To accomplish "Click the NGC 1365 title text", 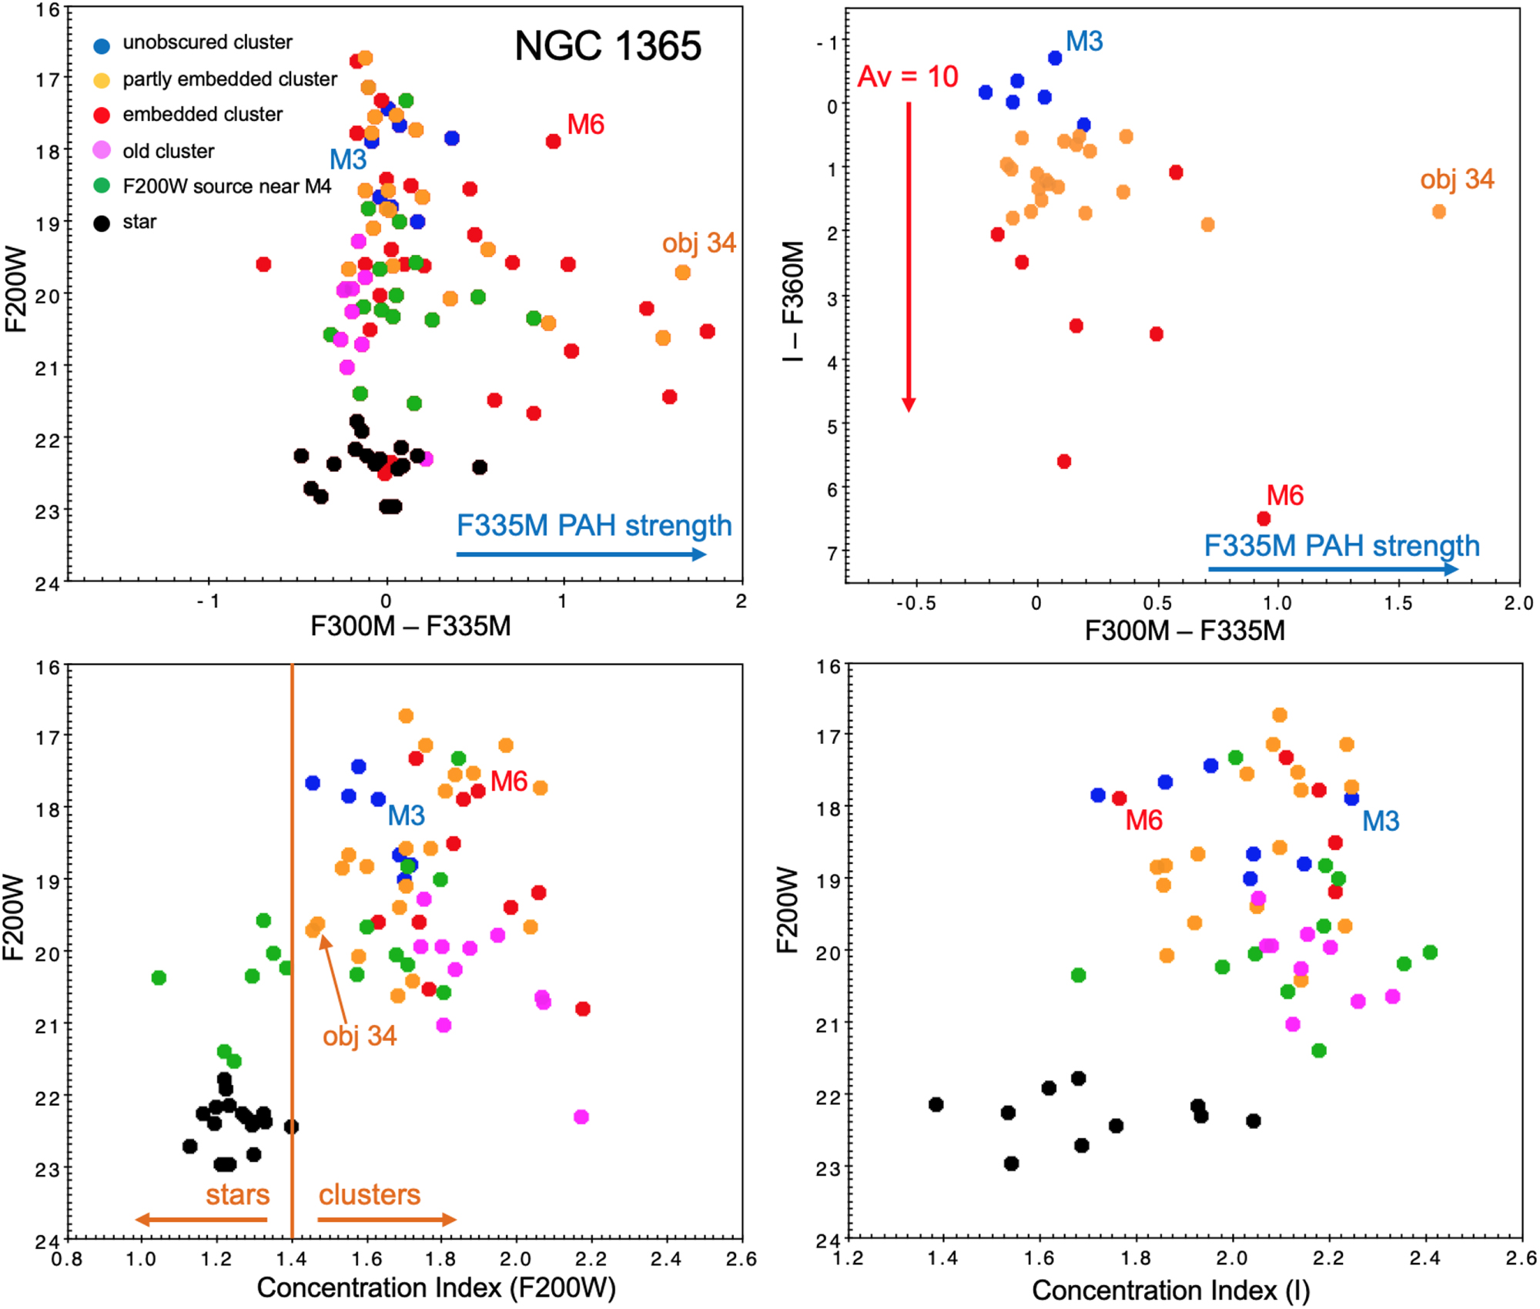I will point(608,46).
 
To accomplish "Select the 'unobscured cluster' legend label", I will point(207,42).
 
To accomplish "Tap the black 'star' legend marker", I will point(102,224).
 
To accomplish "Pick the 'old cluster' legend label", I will point(168,151).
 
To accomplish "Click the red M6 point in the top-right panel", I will point(1264,519).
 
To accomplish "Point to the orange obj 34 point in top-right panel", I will point(1438,212).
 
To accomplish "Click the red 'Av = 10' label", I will point(908,77).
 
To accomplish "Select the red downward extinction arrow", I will point(909,254).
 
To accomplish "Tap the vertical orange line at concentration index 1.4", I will point(293,924).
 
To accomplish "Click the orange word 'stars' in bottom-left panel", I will point(237,1195).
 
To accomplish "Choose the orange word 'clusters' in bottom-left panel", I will point(370,1195).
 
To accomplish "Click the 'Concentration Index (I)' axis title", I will point(1170,1291).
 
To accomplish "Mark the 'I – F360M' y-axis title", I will point(793,300).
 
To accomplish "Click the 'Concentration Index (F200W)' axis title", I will point(436,1287).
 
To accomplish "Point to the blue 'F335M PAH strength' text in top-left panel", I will point(594,526).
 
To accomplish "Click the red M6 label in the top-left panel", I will point(585,125).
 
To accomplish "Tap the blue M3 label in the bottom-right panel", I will point(1381,822).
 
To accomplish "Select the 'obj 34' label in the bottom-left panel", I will point(360,1036).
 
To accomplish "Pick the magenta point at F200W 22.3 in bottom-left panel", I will point(581,1116).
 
